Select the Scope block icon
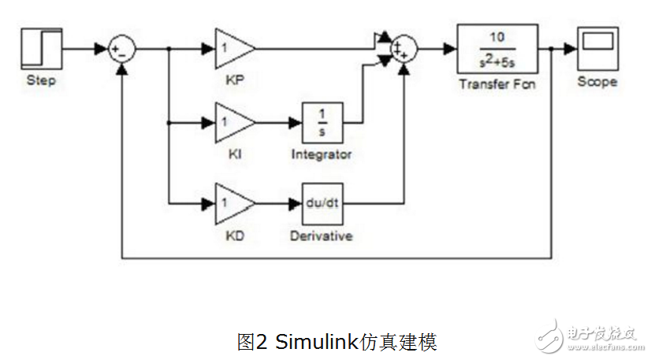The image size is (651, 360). pyautogui.click(x=597, y=48)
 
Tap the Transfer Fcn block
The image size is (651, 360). pyautogui.click(x=497, y=49)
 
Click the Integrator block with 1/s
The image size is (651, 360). pyautogui.click(x=322, y=122)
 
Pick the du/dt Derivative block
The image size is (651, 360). pyautogui.click(x=322, y=202)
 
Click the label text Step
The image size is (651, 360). pyautogui.click(x=41, y=80)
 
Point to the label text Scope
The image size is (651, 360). pyautogui.click(x=597, y=81)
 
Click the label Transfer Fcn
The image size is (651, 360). pyautogui.click(x=497, y=84)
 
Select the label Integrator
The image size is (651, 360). pyautogui.click(x=322, y=154)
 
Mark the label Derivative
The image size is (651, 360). pyautogui.click(x=322, y=236)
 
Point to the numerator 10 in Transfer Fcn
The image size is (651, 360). pyautogui.click(x=497, y=38)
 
